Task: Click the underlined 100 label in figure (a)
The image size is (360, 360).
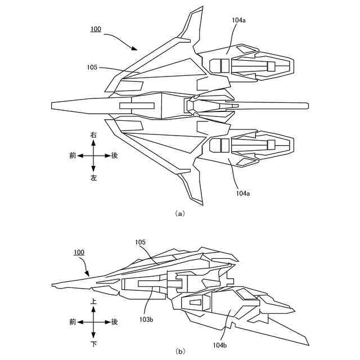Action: tap(96, 29)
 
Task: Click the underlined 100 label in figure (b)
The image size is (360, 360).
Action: tap(79, 253)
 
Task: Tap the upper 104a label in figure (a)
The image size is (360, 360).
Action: tap(238, 20)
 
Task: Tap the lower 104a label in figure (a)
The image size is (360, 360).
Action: tap(243, 193)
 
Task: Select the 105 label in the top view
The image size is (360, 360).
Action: tap(92, 67)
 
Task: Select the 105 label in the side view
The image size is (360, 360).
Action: tap(140, 242)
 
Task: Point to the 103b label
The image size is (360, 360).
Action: tap(146, 319)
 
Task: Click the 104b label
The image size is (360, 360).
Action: tap(220, 345)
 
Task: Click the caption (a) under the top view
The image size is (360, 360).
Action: tap(180, 214)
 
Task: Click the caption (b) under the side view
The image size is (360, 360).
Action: tap(180, 352)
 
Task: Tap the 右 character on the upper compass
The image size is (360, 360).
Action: tap(93, 135)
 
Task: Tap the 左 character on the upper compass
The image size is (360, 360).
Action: tap(93, 177)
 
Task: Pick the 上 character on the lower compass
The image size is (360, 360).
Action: tap(93, 301)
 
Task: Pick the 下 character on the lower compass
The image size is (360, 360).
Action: tap(93, 344)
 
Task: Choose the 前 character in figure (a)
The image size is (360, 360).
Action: tap(73, 156)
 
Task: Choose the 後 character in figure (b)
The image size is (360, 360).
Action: tap(114, 322)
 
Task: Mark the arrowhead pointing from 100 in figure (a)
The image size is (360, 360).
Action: tap(134, 48)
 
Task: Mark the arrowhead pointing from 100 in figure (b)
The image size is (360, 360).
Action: tap(87, 273)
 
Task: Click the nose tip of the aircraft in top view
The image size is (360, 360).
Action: tap(51, 105)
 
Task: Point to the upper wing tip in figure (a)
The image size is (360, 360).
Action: tap(202, 7)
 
